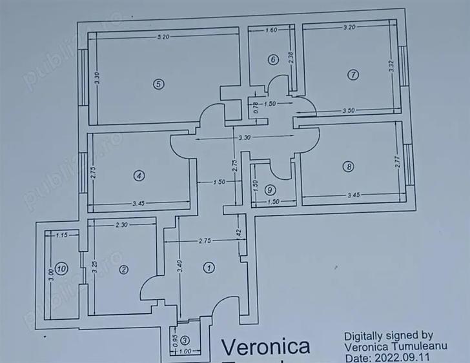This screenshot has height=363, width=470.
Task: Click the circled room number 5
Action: click(x=157, y=83)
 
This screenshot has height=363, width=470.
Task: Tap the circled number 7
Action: click(x=352, y=75)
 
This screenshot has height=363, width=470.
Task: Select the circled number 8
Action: click(x=349, y=166)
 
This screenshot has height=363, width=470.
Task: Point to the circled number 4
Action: click(x=138, y=175)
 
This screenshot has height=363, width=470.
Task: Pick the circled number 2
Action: click(x=124, y=271)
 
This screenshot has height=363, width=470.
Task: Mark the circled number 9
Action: click(x=270, y=190)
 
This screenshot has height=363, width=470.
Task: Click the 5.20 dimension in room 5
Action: click(x=163, y=37)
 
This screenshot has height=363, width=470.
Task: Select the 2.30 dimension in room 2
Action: click(x=121, y=225)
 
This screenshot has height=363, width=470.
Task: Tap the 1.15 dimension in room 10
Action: click(x=61, y=235)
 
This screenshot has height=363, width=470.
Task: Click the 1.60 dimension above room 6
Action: click(x=271, y=30)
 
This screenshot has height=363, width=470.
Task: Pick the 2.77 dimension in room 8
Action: click(x=398, y=161)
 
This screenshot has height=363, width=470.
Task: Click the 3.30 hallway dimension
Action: click(x=244, y=138)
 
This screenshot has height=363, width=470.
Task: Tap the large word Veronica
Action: click(x=266, y=347)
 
